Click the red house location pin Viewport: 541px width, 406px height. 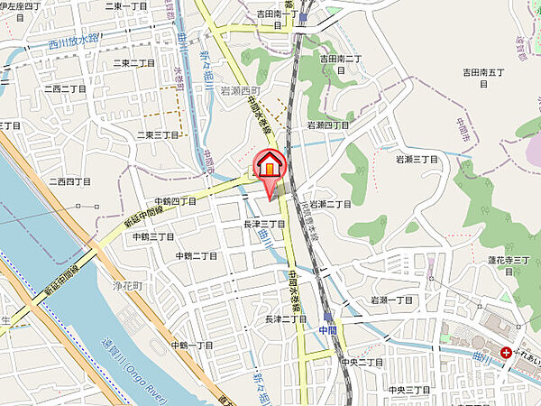coord(270,168)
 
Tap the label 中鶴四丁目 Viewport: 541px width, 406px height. coord(174,201)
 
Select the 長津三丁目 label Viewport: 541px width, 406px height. coord(264,224)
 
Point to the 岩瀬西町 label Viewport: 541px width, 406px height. coord(239,91)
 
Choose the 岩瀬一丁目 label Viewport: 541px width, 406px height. coord(391,300)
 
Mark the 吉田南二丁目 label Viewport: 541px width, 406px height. coord(341,59)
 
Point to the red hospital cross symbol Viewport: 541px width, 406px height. coord(508,353)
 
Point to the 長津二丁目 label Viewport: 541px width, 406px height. coord(286,319)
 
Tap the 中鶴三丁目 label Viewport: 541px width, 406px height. coord(152,236)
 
